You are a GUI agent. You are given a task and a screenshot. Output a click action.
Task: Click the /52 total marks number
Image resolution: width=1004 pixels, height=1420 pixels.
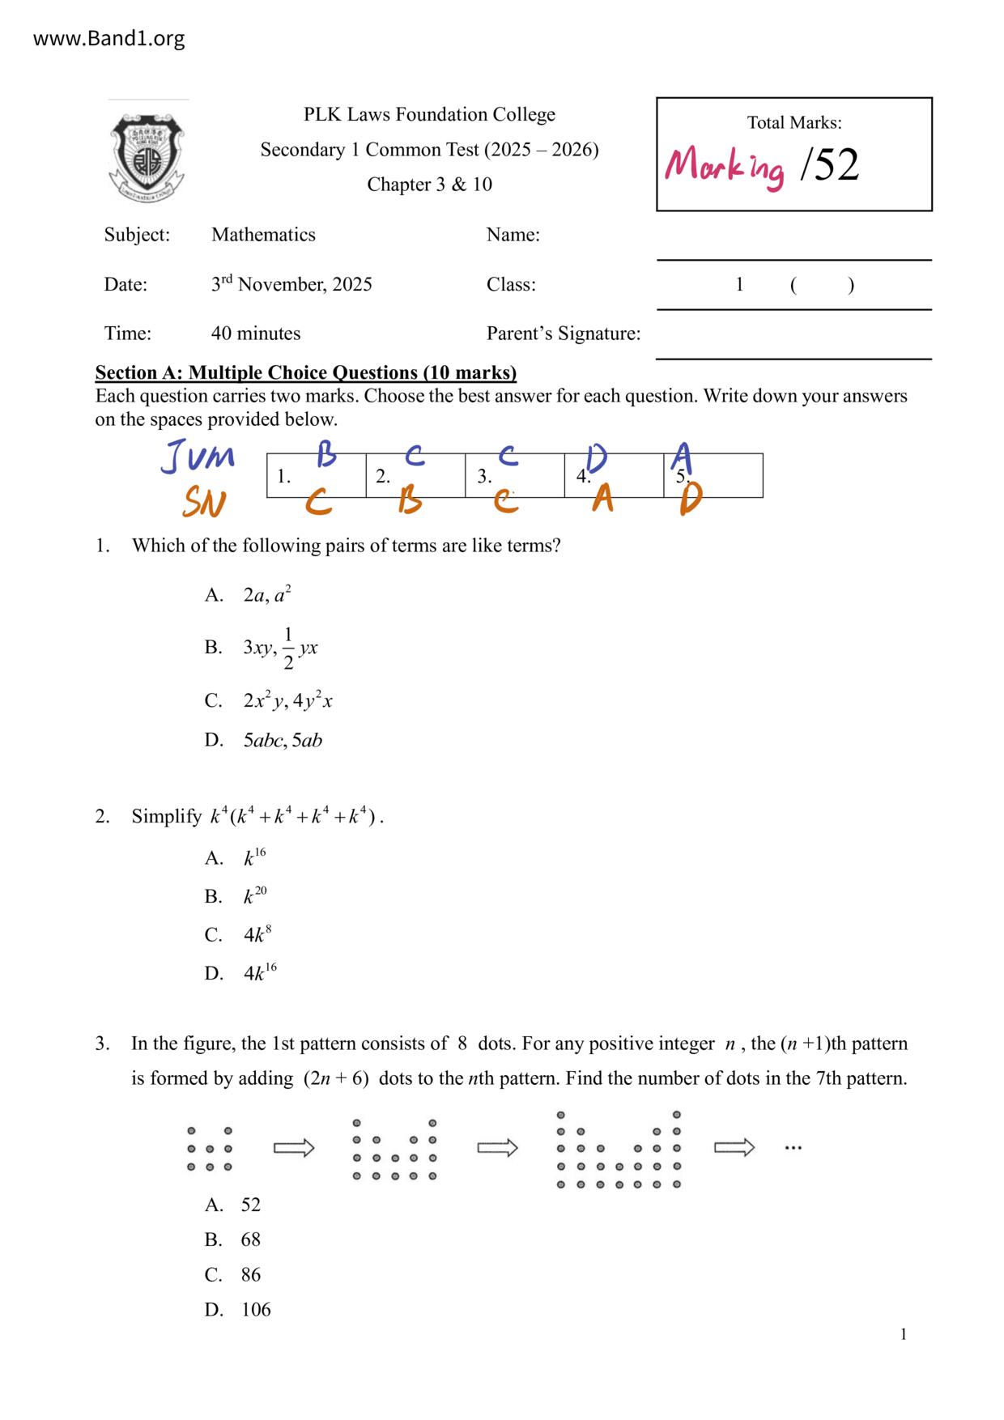coord(828,165)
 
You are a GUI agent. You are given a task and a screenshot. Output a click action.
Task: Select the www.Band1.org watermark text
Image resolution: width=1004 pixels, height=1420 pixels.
coord(109,39)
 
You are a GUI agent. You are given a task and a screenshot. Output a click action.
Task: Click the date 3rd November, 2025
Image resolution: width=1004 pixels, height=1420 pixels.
coord(291,284)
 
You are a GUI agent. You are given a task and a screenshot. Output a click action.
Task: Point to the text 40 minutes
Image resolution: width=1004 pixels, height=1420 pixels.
coord(256,334)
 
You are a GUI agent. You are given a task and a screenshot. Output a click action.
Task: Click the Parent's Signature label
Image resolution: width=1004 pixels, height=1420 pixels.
coord(564,334)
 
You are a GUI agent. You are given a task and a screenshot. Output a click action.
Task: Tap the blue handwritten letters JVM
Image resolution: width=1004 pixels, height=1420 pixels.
coord(198,457)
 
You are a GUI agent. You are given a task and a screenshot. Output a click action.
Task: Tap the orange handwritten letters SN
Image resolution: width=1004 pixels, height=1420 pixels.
coord(203,503)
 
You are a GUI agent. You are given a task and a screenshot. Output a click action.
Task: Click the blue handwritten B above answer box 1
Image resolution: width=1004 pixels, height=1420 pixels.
coord(326,455)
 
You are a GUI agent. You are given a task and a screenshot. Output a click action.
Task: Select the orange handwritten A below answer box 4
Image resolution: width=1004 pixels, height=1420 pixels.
coord(602,500)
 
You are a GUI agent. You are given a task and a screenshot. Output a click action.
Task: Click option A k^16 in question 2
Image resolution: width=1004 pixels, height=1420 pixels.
coord(254,858)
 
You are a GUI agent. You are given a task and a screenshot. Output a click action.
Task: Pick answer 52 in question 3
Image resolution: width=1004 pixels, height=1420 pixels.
coord(251,1205)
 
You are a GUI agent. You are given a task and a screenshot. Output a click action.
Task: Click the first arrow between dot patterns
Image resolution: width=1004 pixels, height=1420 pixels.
coord(294,1148)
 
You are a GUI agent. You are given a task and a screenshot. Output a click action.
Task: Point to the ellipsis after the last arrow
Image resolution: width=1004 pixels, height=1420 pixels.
coord(793,1148)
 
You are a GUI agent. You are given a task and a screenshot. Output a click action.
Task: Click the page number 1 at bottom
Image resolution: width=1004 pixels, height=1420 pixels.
coord(904,1335)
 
